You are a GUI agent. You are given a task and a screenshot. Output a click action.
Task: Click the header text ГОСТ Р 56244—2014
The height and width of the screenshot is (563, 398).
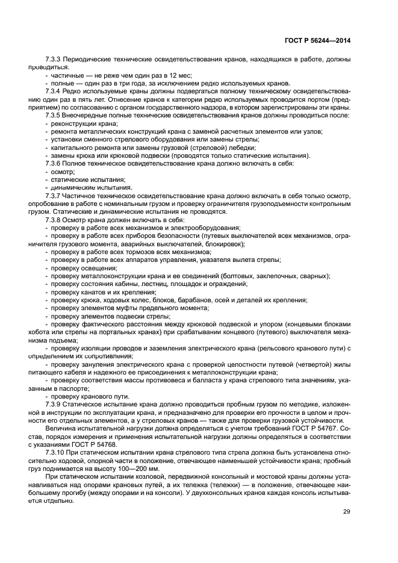point(317,41)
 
